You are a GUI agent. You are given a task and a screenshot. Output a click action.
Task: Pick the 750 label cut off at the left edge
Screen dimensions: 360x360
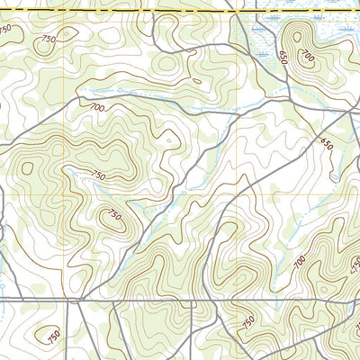point(5,30)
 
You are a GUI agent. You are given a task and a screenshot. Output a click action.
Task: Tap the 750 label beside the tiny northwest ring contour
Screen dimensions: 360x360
point(47,39)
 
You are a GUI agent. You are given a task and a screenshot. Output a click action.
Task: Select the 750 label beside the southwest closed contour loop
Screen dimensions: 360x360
point(54,336)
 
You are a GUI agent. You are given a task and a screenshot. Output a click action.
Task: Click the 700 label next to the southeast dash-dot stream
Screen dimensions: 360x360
point(299,262)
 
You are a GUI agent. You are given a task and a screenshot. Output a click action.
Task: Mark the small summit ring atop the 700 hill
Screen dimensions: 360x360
point(298,36)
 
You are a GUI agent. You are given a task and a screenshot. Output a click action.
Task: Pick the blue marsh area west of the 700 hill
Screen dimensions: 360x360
point(261,36)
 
